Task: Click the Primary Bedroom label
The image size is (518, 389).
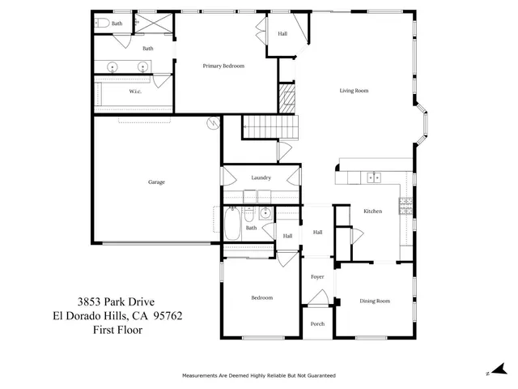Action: [x=223, y=66]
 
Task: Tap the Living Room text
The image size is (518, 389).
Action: [x=354, y=91]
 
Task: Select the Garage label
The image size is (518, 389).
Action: [x=156, y=182]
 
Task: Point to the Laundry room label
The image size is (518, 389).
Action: [x=261, y=177]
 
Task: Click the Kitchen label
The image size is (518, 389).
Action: [x=372, y=211]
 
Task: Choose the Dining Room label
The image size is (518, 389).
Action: [x=375, y=301]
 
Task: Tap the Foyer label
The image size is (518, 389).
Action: [x=317, y=277]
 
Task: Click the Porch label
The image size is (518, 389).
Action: [x=317, y=323]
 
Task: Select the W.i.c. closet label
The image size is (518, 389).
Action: [x=136, y=92]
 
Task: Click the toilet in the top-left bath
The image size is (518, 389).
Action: [x=100, y=24]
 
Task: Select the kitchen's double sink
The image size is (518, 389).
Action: [x=373, y=176]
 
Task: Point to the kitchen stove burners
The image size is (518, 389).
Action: [x=404, y=206]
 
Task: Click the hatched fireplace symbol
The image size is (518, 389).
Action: [x=287, y=100]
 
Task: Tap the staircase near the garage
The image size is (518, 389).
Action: [x=270, y=126]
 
